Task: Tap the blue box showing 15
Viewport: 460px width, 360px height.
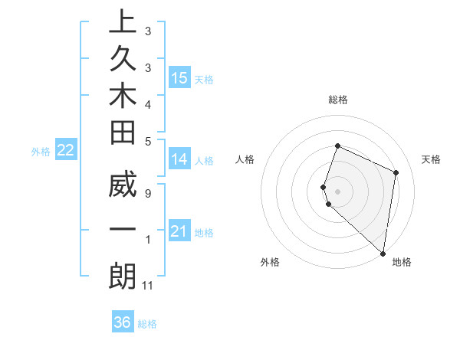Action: pyautogui.click(x=179, y=78)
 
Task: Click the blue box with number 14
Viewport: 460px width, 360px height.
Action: pyautogui.click(x=179, y=159)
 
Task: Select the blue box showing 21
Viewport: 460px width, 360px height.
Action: pyautogui.click(x=179, y=231)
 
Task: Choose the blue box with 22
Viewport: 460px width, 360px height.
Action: pyautogui.click(x=66, y=151)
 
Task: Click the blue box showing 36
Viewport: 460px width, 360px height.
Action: pyautogui.click(x=123, y=322)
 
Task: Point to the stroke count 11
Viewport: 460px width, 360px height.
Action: pyautogui.click(x=148, y=286)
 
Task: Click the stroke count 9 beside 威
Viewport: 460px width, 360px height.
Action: pyautogui.click(x=147, y=193)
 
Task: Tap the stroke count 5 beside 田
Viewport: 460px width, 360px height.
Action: pyautogui.click(x=147, y=140)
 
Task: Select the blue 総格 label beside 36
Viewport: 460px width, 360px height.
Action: pyautogui.click(x=147, y=324)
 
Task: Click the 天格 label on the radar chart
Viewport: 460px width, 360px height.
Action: pyautogui.click(x=431, y=159)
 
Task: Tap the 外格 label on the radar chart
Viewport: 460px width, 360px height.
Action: pyautogui.click(x=270, y=262)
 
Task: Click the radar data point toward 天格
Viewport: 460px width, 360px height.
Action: pyautogui.click(x=396, y=172)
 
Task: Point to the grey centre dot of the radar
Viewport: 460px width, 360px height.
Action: pyautogui.click(x=337, y=191)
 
